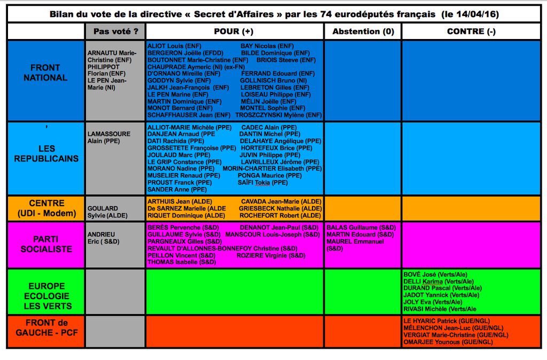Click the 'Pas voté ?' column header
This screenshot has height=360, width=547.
pyautogui.click(x=115, y=32)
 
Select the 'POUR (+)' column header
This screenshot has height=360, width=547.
pyautogui.click(x=233, y=32)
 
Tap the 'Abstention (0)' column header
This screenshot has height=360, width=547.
pyautogui.click(x=363, y=32)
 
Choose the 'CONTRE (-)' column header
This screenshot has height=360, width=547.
pyautogui.click(x=471, y=32)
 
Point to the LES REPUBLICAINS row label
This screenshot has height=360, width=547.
pyautogui.click(x=46, y=153)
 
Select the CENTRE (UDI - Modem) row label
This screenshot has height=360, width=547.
pyautogui.click(x=46, y=208)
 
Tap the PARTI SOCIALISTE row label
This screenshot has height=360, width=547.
pyautogui.click(x=47, y=244)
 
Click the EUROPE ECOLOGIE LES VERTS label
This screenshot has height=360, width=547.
pyautogui.click(x=46, y=296)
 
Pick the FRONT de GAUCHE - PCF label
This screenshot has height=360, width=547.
pyautogui.click(x=46, y=327)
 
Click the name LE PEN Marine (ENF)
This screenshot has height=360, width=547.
pyautogui.click(x=178, y=94)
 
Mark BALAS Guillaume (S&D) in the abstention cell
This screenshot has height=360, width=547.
pyautogui.click(x=360, y=228)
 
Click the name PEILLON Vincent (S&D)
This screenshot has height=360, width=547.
pyautogui.click(x=181, y=255)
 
